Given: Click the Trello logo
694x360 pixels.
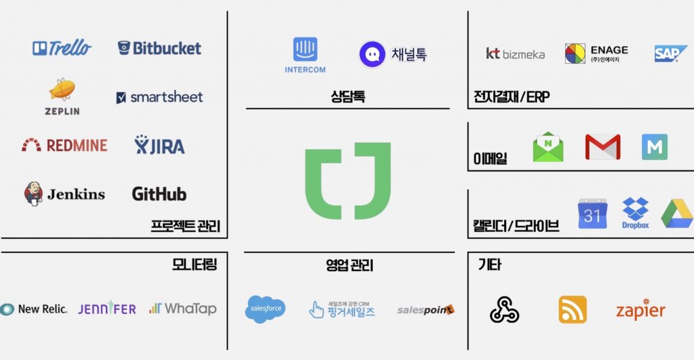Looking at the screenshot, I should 62,48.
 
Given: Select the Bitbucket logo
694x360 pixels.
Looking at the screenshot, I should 159,48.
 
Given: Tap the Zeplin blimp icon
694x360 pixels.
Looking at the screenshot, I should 62,90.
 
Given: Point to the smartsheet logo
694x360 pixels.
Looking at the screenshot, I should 159,97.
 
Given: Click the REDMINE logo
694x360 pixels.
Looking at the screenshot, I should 64,144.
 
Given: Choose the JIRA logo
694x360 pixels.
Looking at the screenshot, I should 159,145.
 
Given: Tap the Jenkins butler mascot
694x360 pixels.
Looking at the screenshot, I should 34,193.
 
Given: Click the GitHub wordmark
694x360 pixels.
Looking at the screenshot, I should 159,194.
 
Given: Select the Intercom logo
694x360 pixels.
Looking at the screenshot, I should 305,55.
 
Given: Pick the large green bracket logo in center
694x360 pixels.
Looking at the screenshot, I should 347,180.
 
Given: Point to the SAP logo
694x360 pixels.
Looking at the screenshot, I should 671,54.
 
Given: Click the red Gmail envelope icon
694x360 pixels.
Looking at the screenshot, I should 603,147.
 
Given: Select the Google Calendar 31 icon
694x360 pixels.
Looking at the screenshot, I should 592,214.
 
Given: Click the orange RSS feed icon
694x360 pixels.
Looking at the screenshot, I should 573,310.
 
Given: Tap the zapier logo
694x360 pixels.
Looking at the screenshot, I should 640,310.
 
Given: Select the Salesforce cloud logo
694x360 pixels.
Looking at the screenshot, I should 265,309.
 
